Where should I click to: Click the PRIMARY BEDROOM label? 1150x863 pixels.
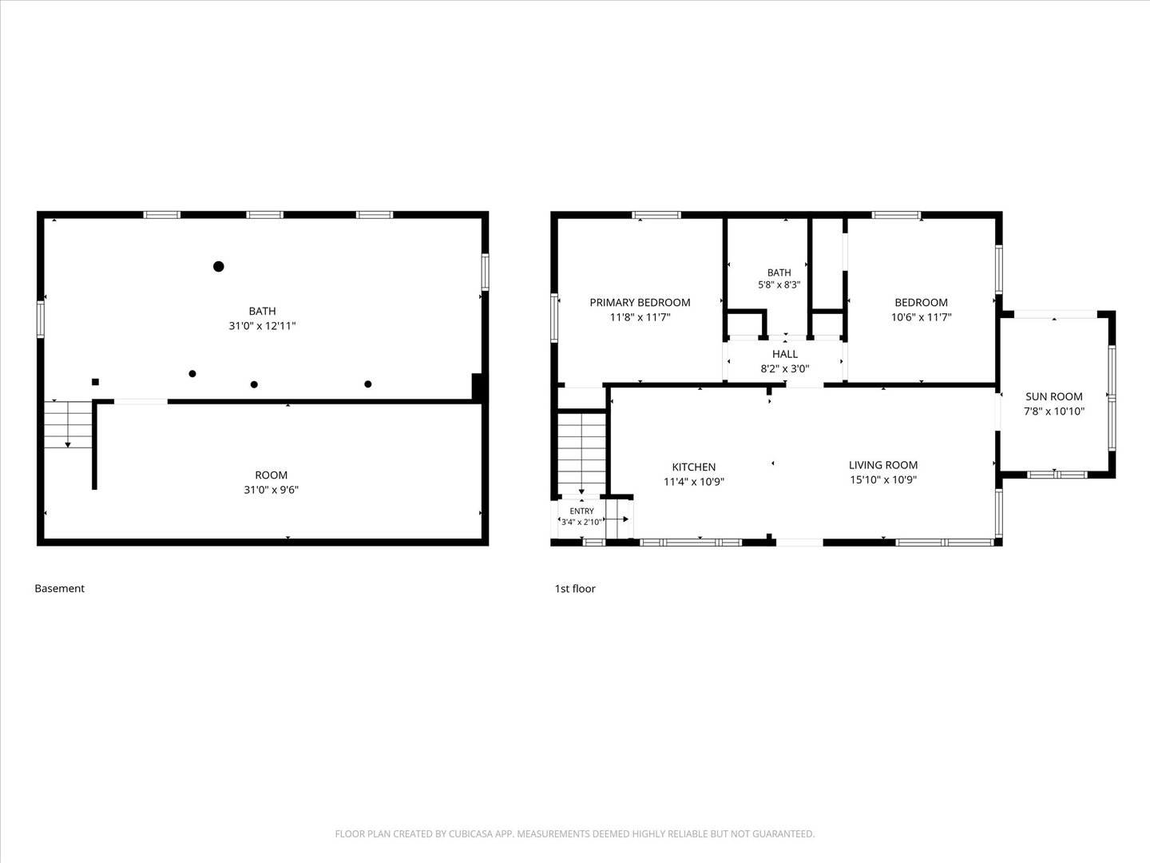point(640,302)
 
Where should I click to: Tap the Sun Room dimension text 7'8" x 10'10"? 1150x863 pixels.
point(1054,412)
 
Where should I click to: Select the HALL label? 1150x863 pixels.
point(785,354)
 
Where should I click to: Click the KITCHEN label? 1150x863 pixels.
point(694,467)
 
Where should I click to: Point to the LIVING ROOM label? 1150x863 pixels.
point(882,465)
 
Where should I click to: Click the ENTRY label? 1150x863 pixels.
point(581,511)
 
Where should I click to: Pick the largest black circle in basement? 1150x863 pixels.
point(219,267)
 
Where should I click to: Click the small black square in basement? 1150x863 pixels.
point(95,382)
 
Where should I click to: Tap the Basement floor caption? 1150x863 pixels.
point(59,588)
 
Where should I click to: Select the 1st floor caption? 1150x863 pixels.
point(575,588)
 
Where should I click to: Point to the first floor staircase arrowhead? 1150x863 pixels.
point(581,491)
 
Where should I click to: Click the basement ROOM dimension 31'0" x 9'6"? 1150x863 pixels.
point(271,490)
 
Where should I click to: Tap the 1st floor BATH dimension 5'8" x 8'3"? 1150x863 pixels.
point(779,285)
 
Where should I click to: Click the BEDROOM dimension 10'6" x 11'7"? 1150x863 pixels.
point(921,317)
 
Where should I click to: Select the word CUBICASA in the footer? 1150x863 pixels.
point(470,833)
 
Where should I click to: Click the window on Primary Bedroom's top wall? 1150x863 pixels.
point(656,215)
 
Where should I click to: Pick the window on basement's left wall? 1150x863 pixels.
point(41,319)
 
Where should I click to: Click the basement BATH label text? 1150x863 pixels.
point(262,312)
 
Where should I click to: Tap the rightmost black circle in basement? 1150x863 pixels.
point(368,384)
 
